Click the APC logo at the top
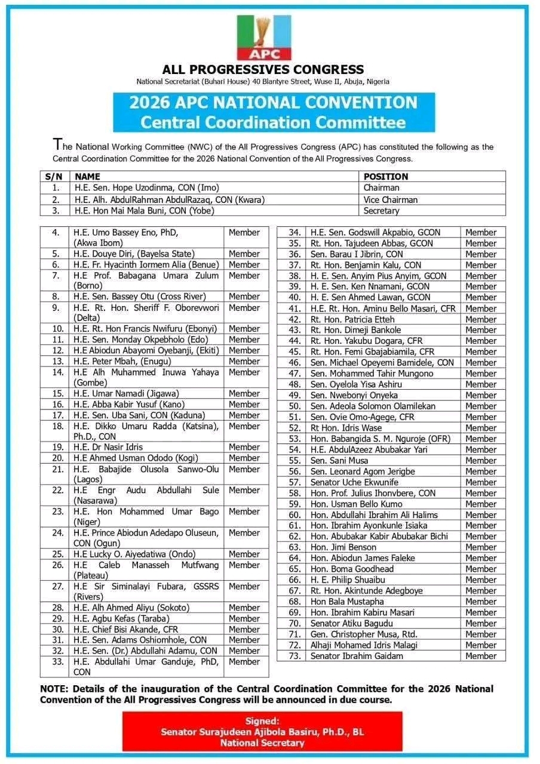(263, 37)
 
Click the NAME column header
(88, 177)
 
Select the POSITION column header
(386, 177)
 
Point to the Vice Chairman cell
(391, 199)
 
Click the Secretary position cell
(382, 211)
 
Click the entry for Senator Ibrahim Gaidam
(357, 656)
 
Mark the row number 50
(294, 406)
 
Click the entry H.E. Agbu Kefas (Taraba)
(121, 618)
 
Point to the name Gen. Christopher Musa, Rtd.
(364, 634)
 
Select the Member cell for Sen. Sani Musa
(481, 460)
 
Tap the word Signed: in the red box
(262, 721)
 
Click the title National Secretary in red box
(262, 743)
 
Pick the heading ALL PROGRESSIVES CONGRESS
(263, 70)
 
